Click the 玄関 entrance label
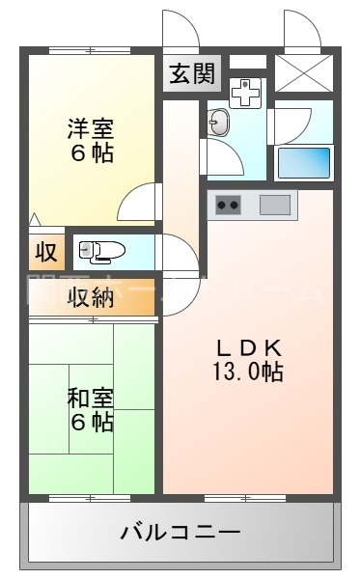pos(192,74)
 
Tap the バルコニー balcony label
pos(180,532)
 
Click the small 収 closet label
pos(45,253)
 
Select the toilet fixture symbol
pos(102,252)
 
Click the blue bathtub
pos(304,162)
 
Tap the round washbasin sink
pos(219,123)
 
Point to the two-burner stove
pos(229,205)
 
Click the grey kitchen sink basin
pos(274,205)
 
